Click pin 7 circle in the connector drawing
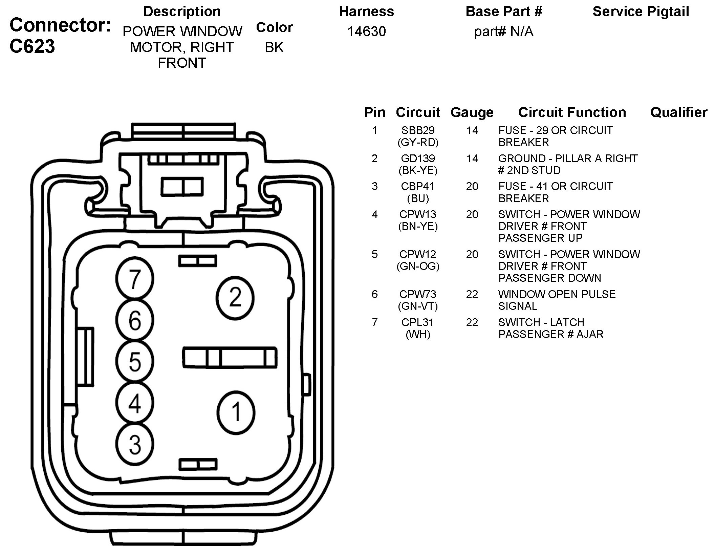(x=135, y=279)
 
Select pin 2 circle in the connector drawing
(x=235, y=298)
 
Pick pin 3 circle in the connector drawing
(x=135, y=444)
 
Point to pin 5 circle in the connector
(x=135, y=362)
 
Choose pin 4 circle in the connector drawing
(x=135, y=403)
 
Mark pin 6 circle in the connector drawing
(x=135, y=320)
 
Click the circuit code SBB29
(x=418, y=130)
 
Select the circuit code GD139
(x=418, y=158)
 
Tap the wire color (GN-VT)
(x=418, y=306)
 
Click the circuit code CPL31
(x=418, y=322)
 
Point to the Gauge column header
(x=472, y=112)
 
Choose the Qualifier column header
(x=679, y=112)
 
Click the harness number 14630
(x=367, y=31)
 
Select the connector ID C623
(x=32, y=46)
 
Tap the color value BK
(x=274, y=47)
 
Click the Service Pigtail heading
(x=641, y=12)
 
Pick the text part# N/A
(x=504, y=31)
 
